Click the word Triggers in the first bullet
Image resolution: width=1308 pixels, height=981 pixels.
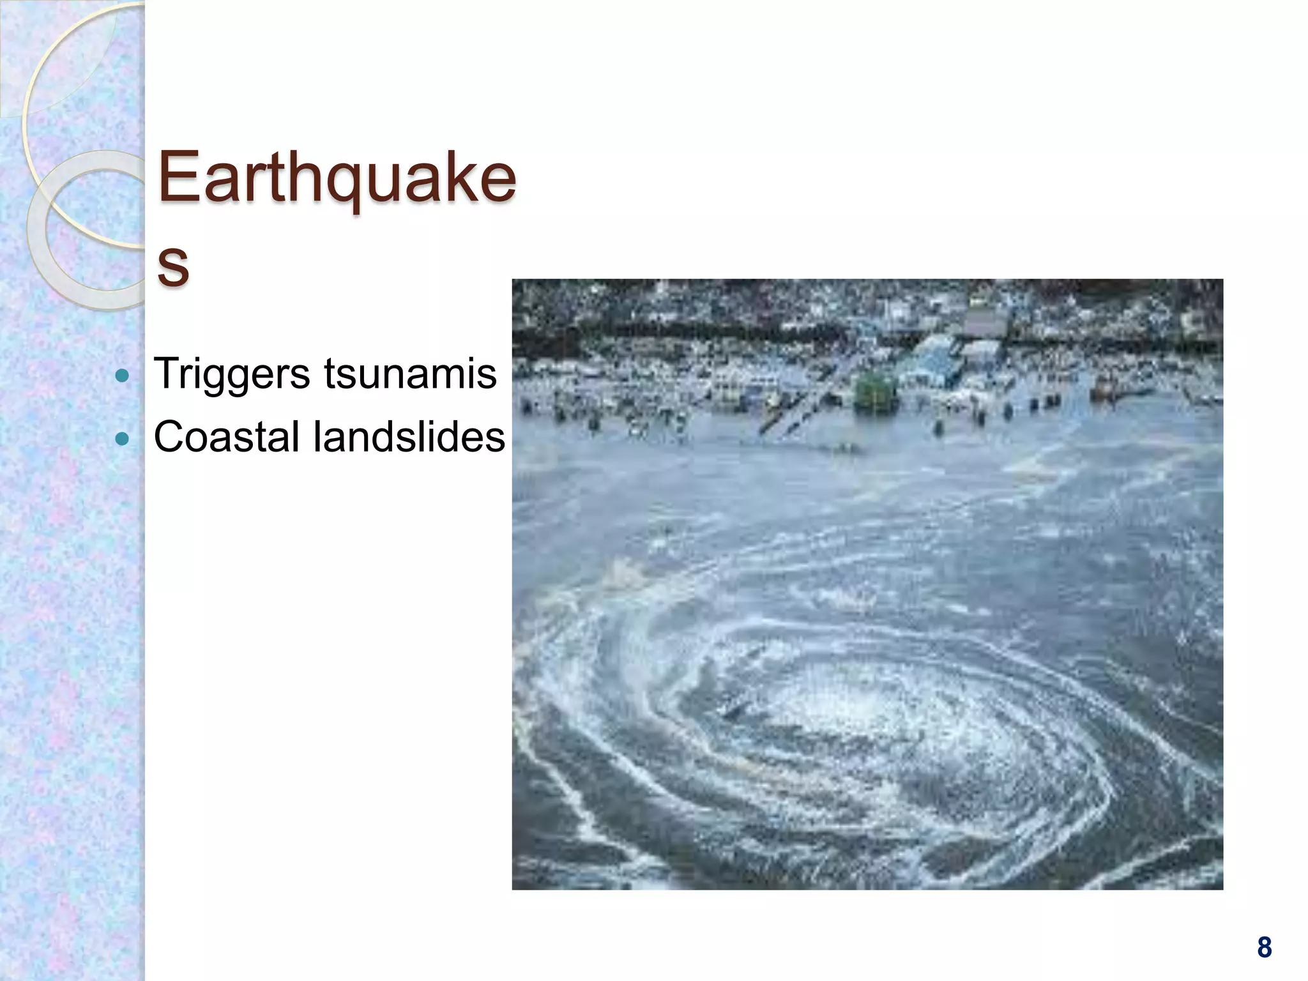click(231, 374)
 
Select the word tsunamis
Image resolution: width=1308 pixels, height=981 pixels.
click(410, 374)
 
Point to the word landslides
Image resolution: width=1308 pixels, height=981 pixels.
click(409, 437)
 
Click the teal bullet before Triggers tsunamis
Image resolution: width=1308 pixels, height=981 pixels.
click(122, 376)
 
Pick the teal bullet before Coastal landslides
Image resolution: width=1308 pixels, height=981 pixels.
click(122, 439)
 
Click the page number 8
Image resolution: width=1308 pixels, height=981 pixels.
click(1264, 947)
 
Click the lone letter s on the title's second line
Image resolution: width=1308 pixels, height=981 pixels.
click(173, 264)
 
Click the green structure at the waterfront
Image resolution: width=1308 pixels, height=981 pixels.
click(875, 390)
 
